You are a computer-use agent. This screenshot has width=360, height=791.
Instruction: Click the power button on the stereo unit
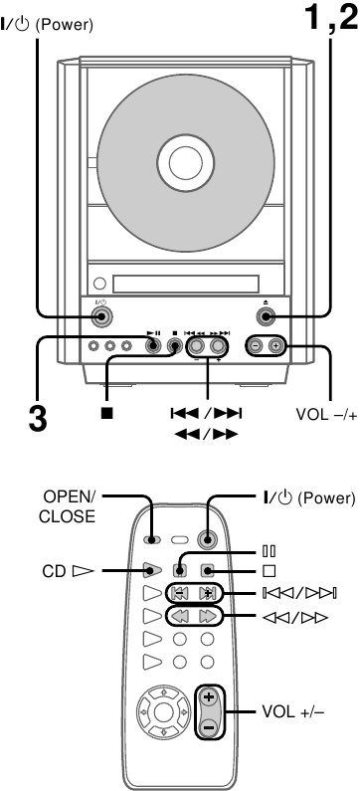pyautogui.click(x=99, y=317)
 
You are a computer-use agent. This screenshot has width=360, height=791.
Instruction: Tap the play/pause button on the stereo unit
pyautogui.click(x=153, y=347)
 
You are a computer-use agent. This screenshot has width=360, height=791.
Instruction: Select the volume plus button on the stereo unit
pyautogui.click(x=275, y=347)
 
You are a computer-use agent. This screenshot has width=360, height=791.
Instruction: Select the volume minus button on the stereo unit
pyautogui.click(x=255, y=347)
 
